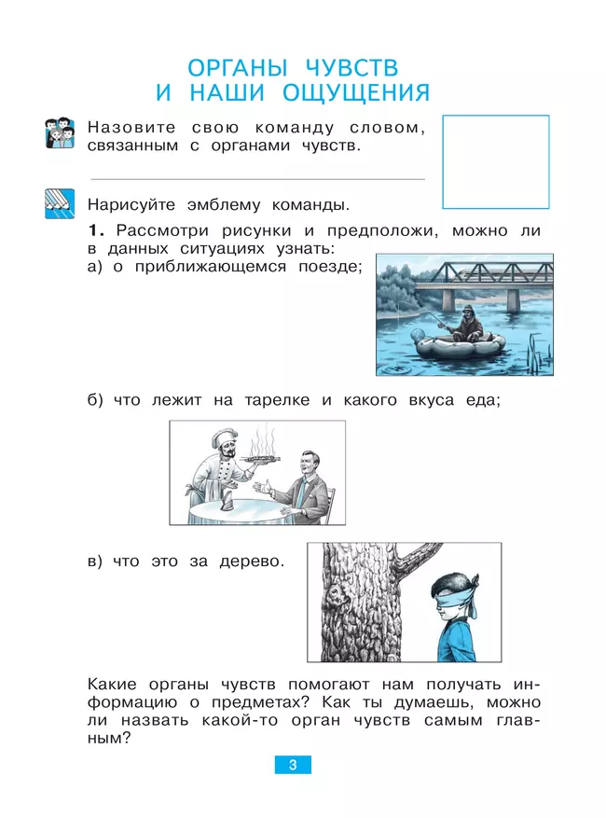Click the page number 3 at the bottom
pos(292,765)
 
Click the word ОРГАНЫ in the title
pos(241,68)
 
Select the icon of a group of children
pos(59,133)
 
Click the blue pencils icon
pos(59,202)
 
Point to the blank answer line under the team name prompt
pos(256,178)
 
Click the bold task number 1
pos(92,229)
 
